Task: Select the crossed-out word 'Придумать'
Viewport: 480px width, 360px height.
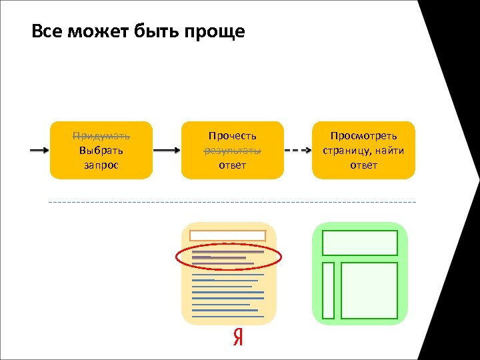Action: [101, 136]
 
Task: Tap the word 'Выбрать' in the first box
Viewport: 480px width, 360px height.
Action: [101, 150]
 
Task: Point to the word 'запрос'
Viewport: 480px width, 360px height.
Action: [101, 165]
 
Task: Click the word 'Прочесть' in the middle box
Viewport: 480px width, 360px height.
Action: [232, 136]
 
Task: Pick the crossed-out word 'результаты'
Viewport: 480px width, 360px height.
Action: [232, 150]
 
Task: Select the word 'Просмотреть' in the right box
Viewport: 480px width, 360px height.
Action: [363, 136]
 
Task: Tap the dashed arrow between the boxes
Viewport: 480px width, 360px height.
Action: [298, 151]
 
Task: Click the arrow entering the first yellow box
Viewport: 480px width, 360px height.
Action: [39, 151]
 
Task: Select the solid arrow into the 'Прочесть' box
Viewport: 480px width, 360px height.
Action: [167, 151]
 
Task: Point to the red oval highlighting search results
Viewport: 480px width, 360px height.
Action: [229, 258]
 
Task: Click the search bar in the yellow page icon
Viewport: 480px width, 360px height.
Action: [228, 235]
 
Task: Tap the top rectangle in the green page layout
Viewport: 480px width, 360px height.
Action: [360, 243]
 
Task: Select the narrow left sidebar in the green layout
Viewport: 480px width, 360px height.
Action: [328, 290]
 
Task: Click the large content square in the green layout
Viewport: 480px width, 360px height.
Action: [369, 290]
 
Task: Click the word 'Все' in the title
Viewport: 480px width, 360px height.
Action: [47, 31]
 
